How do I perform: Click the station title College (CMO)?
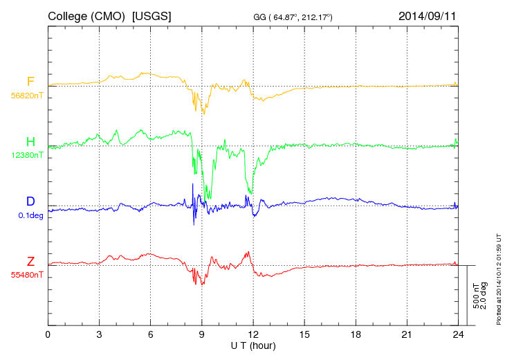(86, 15)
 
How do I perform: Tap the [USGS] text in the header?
(151, 15)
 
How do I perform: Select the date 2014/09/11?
(428, 15)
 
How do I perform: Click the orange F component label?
(30, 82)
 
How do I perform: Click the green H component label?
(30, 143)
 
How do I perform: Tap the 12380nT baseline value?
(26, 156)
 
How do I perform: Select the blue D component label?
(30, 201)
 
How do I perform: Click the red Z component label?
(30, 262)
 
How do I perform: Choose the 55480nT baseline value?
(26, 275)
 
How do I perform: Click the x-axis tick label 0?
(48, 335)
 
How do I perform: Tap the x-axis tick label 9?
(202, 335)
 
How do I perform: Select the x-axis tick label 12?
(253, 335)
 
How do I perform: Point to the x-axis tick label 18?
(356, 335)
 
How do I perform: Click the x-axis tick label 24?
(458, 335)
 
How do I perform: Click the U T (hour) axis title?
(253, 345)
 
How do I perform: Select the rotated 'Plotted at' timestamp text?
(498, 281)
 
